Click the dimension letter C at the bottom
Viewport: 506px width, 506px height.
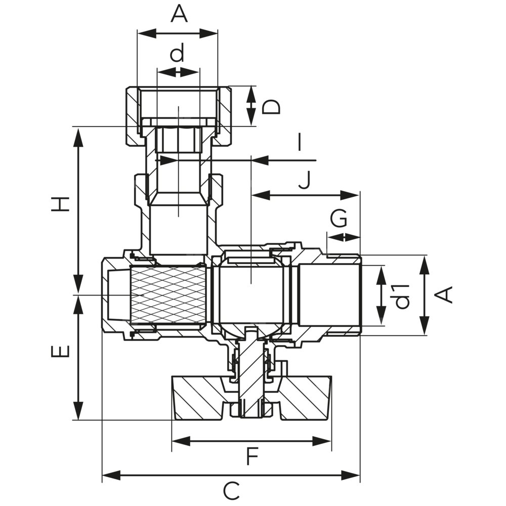(231, 491)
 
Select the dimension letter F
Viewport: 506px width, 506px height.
(252, 457)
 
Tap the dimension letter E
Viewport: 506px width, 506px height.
(60, 351)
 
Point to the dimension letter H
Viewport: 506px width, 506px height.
(60, 204)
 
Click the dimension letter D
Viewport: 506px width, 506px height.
(271, 107)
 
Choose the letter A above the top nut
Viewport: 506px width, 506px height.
(179, 14)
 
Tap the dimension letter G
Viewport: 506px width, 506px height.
(339, 220)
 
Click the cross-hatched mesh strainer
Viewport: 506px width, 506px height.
(167, 295)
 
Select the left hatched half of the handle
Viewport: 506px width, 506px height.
(200, 398)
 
